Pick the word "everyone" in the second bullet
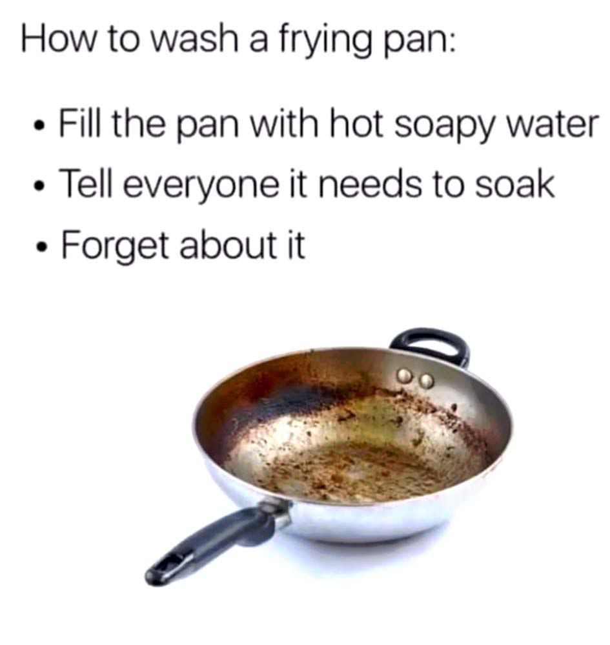coord(201,185)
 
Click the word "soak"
coord(514,183)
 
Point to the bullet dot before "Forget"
coord(41,247)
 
